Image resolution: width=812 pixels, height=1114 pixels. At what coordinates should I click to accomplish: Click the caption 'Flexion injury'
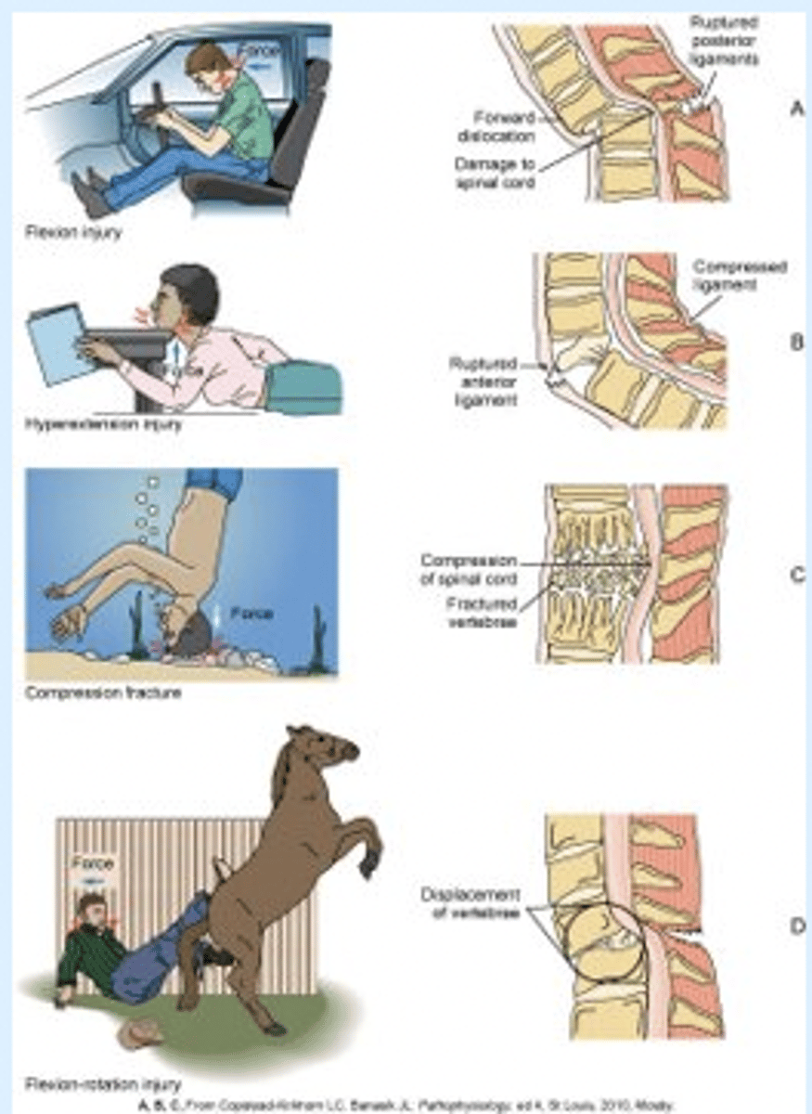click(x=73, y=232)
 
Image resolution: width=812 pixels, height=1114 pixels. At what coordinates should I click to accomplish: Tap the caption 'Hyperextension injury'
click(x=102, y=425)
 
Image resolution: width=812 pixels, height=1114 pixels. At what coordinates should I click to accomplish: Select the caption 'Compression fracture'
click(x=102, y=693)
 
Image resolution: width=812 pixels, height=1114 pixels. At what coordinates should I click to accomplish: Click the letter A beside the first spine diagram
click(x=795, y=109)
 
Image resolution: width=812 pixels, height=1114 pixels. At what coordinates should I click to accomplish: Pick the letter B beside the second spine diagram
click(x=795, y=342)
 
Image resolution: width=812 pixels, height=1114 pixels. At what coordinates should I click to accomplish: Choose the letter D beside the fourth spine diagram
click(x=795, y=925)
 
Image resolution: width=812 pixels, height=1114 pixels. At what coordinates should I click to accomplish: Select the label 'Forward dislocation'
click(x=501, y=126)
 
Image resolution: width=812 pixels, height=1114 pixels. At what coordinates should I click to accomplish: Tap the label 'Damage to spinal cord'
click(x=495, y=172)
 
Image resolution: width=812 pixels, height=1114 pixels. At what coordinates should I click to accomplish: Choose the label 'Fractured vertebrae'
click(x=478, y=613)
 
